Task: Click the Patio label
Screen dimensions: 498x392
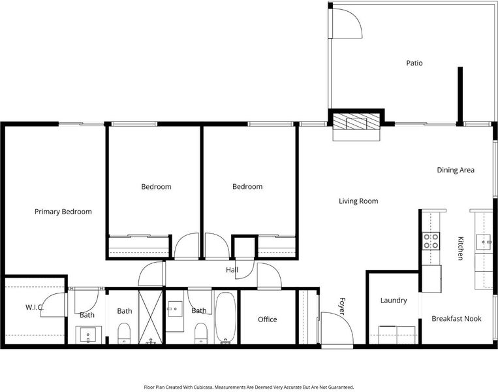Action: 414,63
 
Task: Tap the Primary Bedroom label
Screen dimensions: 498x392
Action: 63,212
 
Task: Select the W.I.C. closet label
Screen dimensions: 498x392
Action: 35,308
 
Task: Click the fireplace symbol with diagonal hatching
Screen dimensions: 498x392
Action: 356,122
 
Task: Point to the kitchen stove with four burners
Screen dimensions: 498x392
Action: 431,241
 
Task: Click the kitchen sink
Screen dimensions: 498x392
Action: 484,242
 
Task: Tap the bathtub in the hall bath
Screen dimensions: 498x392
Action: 225,318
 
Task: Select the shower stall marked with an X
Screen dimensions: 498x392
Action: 151,317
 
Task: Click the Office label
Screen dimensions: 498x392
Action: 268,319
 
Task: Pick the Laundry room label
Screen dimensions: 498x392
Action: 394,301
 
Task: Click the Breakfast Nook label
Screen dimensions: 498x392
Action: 456,319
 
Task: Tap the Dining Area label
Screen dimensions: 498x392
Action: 456,170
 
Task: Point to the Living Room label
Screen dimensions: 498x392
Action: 358,201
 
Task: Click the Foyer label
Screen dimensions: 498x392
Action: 342,306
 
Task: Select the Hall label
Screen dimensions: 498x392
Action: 232,270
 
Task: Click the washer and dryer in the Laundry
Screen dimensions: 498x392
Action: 397,335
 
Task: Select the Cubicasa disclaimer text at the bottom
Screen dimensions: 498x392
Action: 249,387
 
